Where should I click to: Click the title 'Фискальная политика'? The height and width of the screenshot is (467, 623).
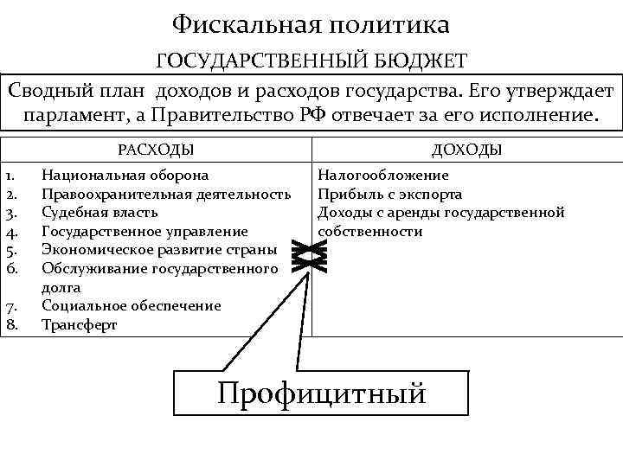[311, 24]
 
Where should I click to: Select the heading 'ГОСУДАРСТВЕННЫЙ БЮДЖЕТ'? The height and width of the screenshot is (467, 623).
[311, 61]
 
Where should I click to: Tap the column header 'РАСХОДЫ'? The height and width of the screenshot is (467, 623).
[156, 150]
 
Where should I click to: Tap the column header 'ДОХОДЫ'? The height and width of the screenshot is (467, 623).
[467, 150]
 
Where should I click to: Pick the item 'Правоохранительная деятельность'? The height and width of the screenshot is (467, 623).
[165, 194]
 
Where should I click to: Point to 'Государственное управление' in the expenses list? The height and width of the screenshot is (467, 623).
[145, 232]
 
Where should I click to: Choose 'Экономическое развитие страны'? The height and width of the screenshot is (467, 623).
[159, 250]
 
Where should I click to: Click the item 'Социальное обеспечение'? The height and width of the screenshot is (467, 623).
[131, 306]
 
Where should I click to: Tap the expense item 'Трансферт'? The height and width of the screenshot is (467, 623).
[79, 325]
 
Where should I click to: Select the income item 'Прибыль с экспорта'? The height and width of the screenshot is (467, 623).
[389, 194]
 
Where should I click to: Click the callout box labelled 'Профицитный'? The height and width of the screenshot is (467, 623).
[322, 393]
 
